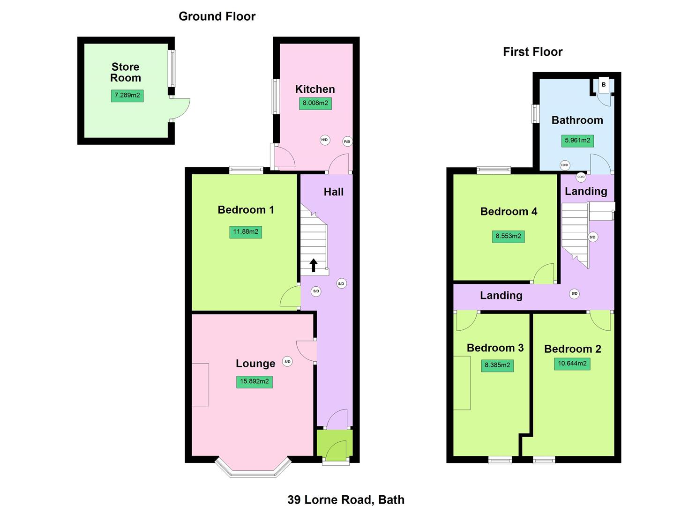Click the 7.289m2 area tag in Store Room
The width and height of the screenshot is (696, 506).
(127, 96)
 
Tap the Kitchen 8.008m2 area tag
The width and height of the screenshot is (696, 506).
(315, 103)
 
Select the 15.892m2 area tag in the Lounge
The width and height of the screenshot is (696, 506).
(254, 381)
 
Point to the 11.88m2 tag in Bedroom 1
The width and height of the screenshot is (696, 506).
(246, 231)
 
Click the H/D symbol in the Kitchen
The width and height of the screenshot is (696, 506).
(324, 140)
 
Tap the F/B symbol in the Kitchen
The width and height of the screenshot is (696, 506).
(347, 141)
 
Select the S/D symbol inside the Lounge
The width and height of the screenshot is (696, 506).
(287, 361)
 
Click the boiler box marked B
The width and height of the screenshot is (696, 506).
(604, 85)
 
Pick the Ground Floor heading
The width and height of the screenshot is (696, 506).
(217, 16)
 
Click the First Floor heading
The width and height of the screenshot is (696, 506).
(532, 52)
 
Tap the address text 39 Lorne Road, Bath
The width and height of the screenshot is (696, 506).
(346, 499)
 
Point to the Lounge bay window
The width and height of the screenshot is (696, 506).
(253, 469)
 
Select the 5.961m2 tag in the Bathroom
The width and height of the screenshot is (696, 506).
(577, 140)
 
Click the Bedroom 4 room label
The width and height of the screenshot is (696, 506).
(509, 211)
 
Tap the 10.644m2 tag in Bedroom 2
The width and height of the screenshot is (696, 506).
(572, 364)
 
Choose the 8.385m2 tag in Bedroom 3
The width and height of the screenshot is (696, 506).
(497, 365)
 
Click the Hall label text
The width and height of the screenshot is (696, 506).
(333, 192)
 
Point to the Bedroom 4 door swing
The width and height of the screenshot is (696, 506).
(544, 274)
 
